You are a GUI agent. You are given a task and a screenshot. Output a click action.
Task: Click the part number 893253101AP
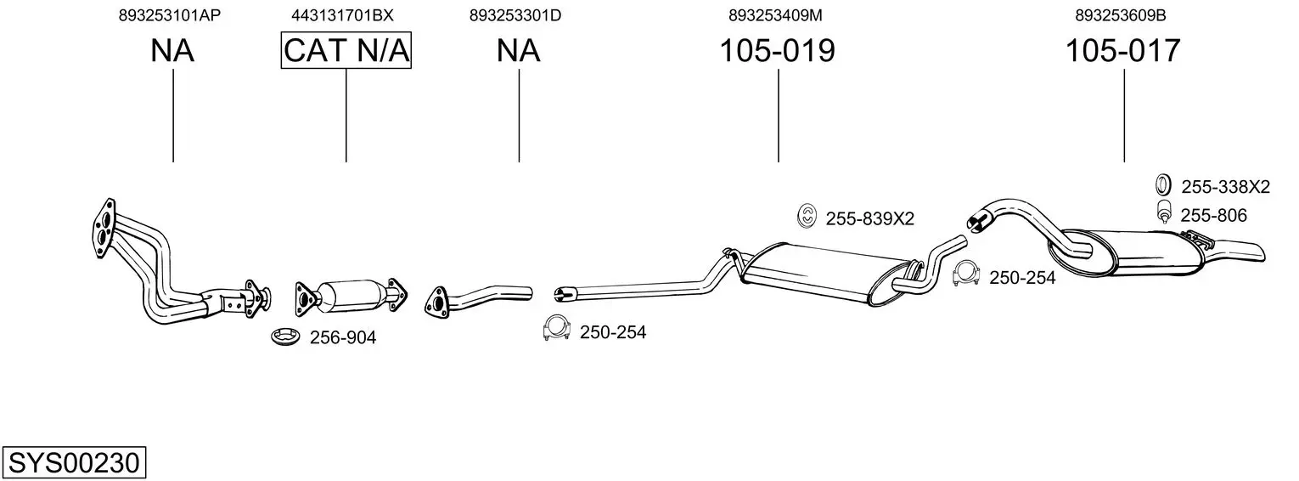(x=172, y=15)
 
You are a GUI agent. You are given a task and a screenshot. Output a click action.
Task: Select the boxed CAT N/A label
(x=346, y=51)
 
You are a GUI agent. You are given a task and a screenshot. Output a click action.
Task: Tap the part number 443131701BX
(x=342, y=15)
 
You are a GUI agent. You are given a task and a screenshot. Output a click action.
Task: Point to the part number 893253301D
(x=515, y=15)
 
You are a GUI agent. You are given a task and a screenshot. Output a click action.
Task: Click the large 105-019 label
(x=777, y=51)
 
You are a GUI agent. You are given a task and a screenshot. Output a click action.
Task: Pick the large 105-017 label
(x=1122, y=51)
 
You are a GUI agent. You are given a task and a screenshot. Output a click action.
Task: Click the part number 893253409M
(x=775, y=15)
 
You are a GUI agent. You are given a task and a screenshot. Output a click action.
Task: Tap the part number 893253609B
(x=1121, y=15)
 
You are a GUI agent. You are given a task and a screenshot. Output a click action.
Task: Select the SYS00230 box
(x=74, y=463)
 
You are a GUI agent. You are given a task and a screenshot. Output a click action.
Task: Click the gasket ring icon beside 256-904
(x=285, y=337)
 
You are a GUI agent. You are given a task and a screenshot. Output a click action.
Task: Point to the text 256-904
(x=342, y=338)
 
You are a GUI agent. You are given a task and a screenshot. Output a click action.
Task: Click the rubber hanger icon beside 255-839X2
(x=807, y=217)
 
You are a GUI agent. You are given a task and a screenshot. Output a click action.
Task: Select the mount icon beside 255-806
(x=1163, y=214)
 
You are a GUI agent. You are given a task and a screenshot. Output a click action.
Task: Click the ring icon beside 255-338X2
(x=1162, y=185)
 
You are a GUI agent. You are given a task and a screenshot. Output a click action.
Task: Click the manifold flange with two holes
(x=104, y=225)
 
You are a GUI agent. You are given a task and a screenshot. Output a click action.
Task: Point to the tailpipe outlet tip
(x=1255, y=252)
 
